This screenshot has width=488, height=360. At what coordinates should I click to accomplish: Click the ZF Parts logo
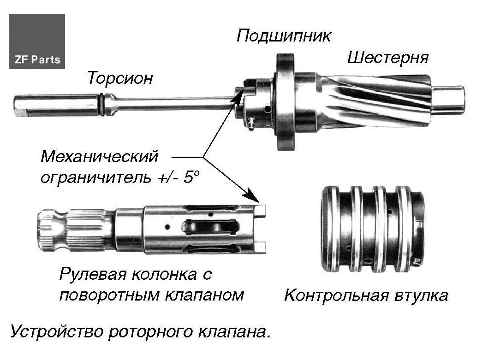pos(37,41)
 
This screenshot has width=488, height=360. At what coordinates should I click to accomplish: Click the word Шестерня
pos(387,58)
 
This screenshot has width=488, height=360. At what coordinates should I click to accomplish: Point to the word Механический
pos(99,157)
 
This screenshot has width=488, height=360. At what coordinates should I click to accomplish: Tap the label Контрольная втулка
pos(366,295)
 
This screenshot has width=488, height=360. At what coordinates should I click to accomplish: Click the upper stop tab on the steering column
pos(260,210)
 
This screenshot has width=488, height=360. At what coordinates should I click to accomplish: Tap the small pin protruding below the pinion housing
pos(251,125)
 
